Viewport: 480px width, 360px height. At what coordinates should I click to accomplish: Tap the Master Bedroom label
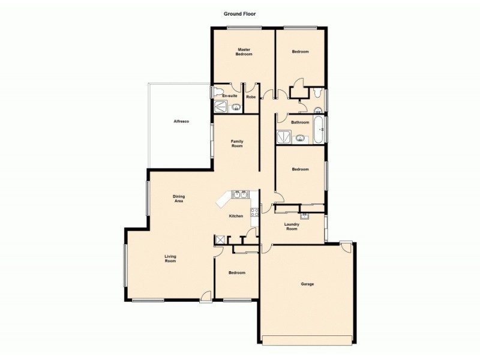point(244,52)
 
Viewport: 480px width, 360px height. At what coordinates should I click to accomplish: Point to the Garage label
point(307,284)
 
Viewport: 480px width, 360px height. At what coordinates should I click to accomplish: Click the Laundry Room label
point(292,226)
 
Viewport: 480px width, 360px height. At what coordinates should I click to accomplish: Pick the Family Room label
point(237,143)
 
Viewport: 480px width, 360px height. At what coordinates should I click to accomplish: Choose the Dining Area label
point(179,199)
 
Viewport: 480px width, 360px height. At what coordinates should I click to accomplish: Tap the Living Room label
point(170,259)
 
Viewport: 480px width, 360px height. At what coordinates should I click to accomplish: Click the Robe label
point(251,97)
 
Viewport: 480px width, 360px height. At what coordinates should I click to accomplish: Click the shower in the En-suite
point(220,107)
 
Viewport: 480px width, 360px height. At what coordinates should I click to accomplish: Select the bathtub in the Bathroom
point(319,128)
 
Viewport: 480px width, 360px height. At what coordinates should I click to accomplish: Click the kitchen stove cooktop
point(254,212)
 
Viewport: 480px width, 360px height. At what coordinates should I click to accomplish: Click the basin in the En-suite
point(236,108)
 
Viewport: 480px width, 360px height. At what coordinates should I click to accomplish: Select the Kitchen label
point(236,216)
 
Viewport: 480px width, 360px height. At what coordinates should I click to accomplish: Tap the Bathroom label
point(300,122)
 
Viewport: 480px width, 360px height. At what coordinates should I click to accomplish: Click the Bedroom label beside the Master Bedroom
point(300,52)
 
